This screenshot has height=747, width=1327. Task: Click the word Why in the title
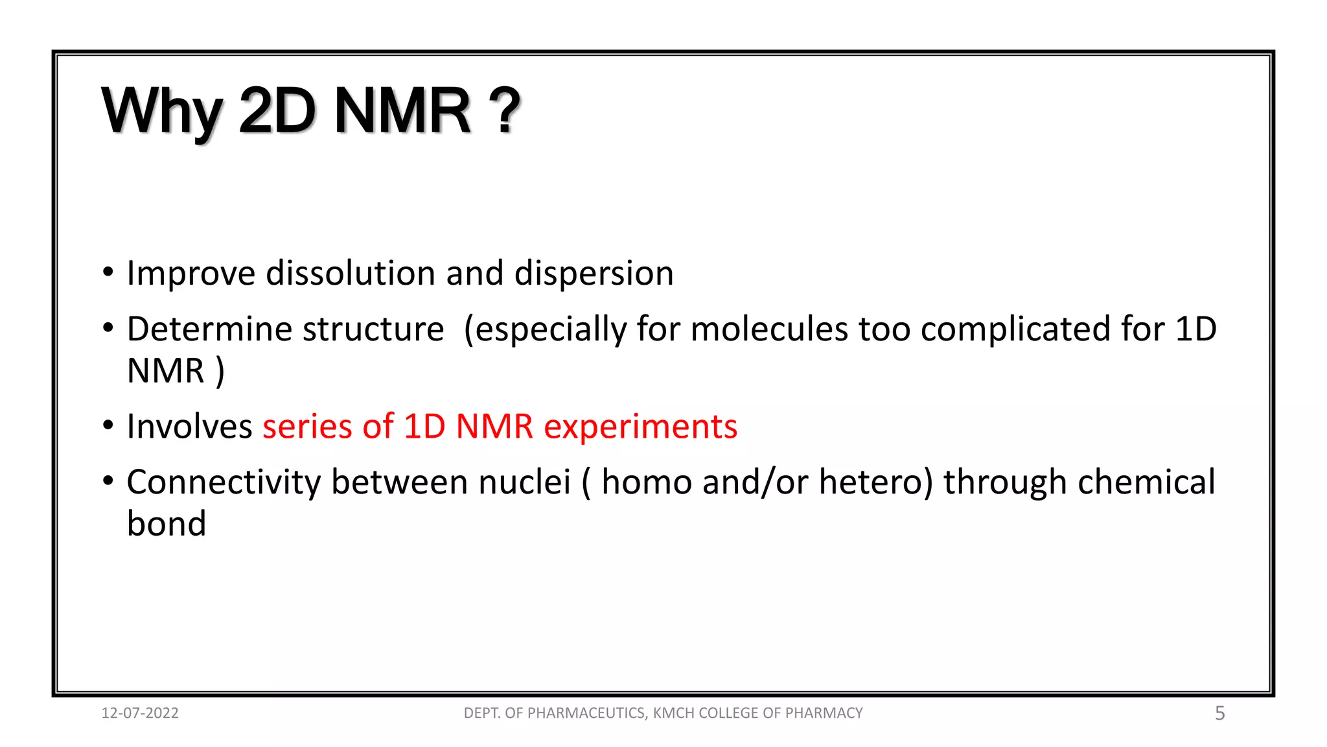click(162, 112)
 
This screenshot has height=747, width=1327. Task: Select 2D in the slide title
click(277, 112)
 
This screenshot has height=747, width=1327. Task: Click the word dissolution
click(351, 273)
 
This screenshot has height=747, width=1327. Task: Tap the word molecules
click(768, 329)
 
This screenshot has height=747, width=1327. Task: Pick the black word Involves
click(189, 427)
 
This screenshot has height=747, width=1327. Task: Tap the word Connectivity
click(224, 482)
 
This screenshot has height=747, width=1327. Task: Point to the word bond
click(167, 523)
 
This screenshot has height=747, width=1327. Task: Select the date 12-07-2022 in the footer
click(140, 713)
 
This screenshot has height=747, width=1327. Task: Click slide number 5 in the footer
click(1219, 713)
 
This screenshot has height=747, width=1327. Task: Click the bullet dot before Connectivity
click(108, 481)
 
